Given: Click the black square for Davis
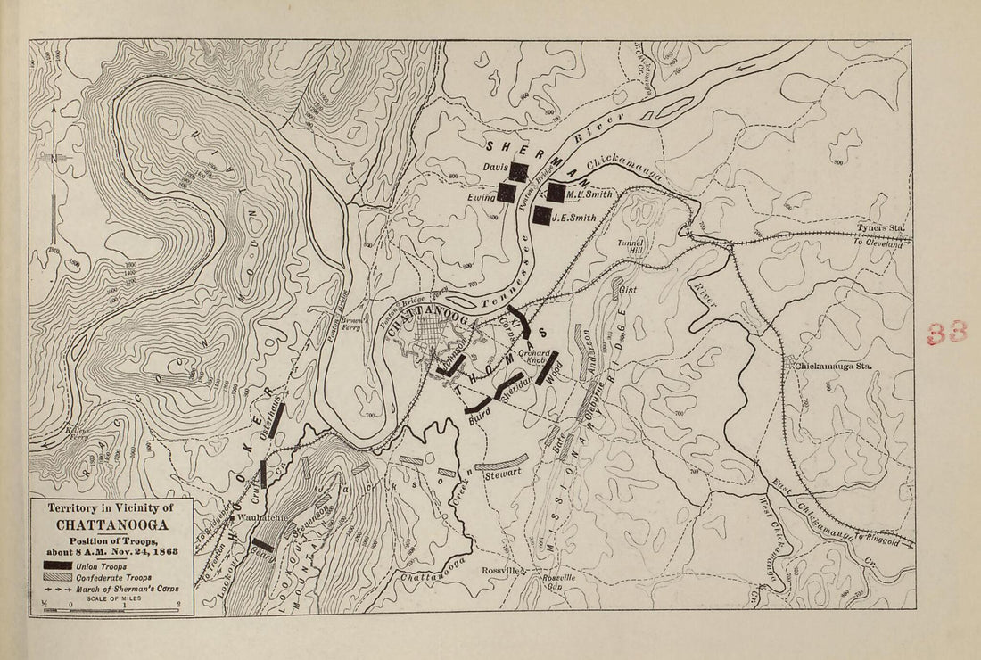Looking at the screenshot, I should [519, 171].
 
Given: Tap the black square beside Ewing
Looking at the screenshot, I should [507, 193].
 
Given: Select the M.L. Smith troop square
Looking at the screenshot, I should [556, 192].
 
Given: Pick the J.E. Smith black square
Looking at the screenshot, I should [540, 215].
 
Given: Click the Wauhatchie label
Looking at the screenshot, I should [258, 518].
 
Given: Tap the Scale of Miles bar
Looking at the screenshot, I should [111, 606].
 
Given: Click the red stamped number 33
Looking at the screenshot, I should [946, 334].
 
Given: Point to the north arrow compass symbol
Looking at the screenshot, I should [54, 161].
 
